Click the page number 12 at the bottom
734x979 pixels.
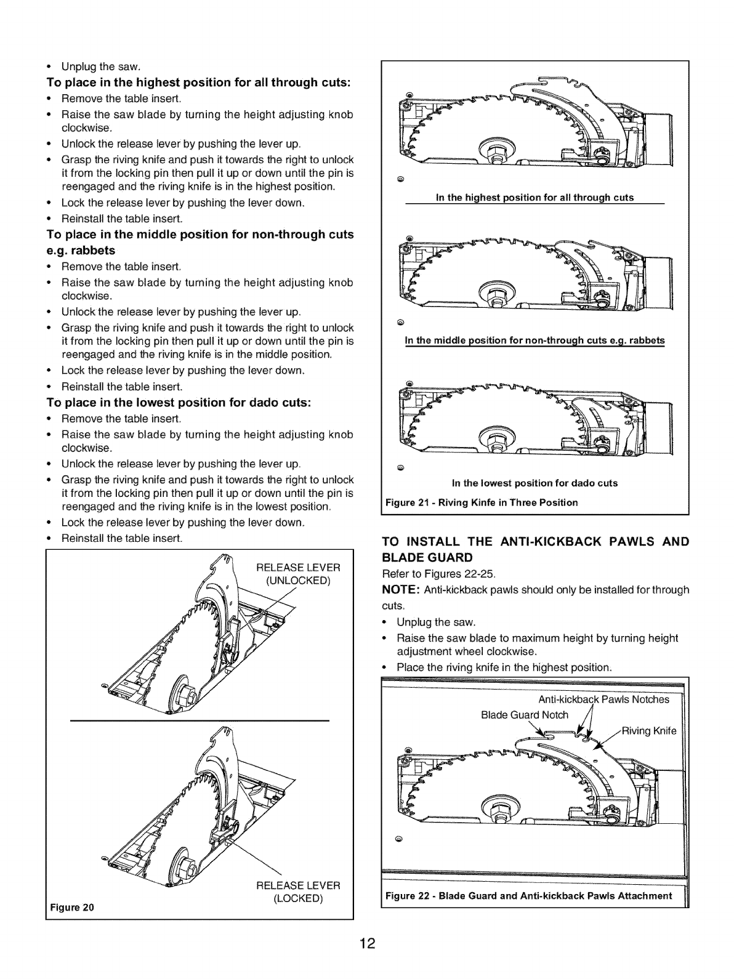pos(367,943)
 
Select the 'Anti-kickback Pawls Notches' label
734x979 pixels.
pos(603,699)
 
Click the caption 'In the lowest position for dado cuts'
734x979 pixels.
pos(534,483)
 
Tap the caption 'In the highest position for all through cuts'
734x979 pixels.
pos(534,198)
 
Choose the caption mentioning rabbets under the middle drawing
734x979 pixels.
pos(534,340)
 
